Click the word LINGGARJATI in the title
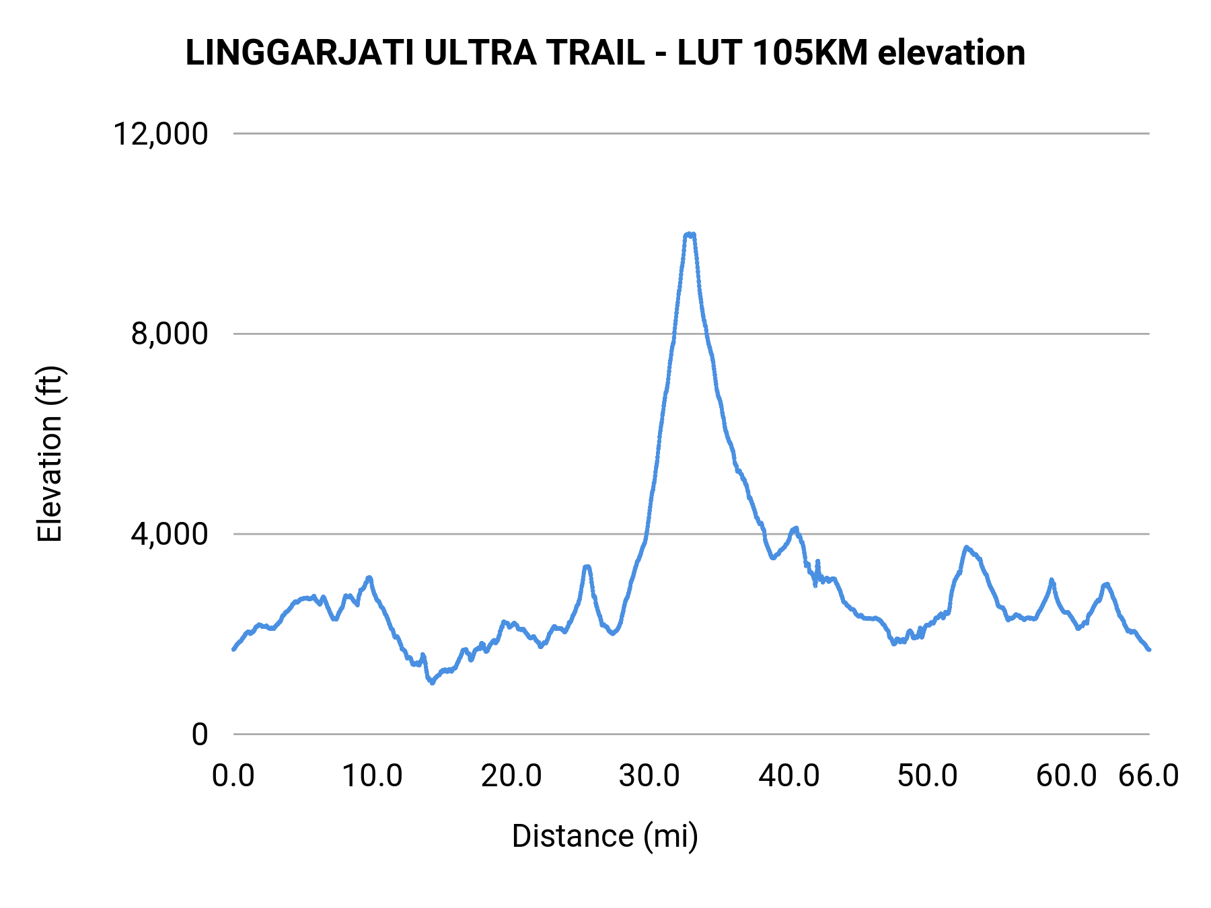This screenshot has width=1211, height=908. point(299,53)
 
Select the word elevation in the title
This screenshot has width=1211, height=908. point(951,53)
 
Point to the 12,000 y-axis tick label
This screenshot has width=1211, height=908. point(161,134)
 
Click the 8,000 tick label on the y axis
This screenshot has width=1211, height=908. point(170,334)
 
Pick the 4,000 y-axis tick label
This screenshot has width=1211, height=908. point(170,534)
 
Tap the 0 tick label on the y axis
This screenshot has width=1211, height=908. point(200,734)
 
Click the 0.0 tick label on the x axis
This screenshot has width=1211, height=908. point(233,776)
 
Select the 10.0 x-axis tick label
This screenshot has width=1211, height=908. point(372,776)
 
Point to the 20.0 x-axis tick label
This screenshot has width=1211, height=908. point(511,776)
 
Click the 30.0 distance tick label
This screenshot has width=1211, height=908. point(650,776)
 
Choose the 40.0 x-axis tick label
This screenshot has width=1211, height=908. point(789,776)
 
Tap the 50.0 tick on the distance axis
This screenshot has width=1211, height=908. point(928,776)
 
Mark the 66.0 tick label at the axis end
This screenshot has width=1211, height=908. point(1148,776)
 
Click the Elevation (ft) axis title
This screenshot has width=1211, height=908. point(50,454)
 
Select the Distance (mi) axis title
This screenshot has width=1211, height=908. point(605,836)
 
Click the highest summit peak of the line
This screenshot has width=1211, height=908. point(690,234)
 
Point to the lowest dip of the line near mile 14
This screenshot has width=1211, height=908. point(431,682)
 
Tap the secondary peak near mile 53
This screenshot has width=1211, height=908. point(967,547)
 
